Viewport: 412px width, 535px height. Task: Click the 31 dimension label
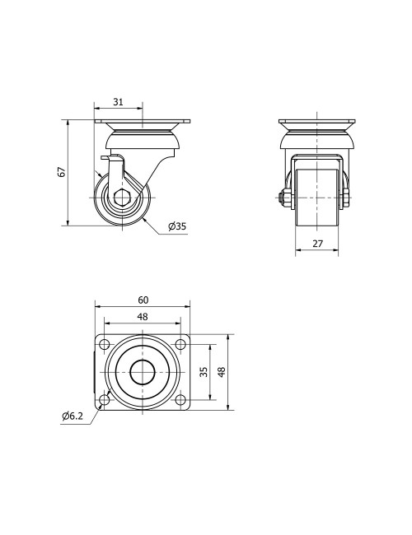[x=118, y=102]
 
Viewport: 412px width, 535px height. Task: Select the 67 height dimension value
[x=60, y=171]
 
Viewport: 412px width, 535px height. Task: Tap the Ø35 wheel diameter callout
[x=176, y=227]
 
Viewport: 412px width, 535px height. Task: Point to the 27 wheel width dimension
[x=317, y=244]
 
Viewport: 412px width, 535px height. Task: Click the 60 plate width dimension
[x=143, y=300]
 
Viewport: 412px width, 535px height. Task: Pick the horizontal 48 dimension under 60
[x=143, y=316]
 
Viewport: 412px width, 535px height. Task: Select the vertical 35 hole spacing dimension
[x=204, y=372]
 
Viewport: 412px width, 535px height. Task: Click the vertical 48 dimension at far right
[x=221, y=372]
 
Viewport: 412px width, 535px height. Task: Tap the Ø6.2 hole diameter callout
[x=73, y=416]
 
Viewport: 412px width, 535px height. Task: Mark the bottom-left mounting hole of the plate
[x=105, y=401]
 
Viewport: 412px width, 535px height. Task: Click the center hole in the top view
[x=143, y=372]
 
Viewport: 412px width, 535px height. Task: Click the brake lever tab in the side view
[x=105, y=158]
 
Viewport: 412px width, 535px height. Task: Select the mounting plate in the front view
[x=317, y=123]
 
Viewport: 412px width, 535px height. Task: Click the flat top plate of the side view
[x=143, y=123]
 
